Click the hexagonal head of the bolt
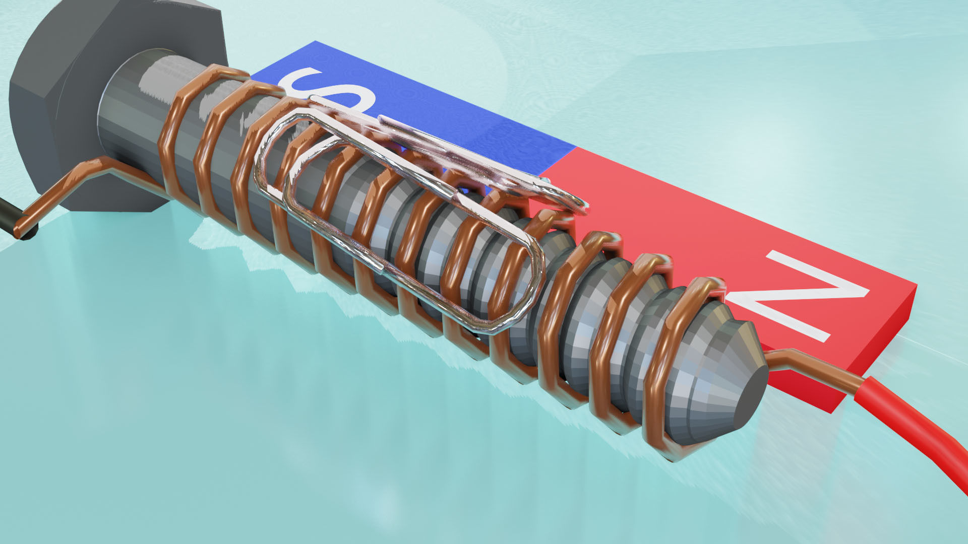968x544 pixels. point(55,101)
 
